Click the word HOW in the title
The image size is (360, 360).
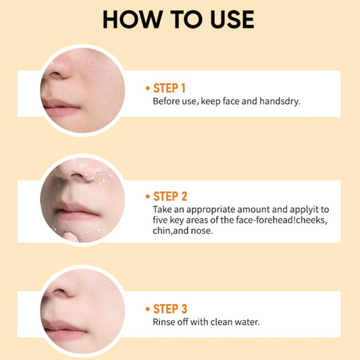click(x=131, y=20)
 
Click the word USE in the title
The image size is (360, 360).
click(x=232, y=20)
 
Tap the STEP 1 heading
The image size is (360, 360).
click(x=170, y=88)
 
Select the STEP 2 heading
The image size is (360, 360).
click(x=170, y=197)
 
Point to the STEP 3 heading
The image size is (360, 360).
click(x=170, y=309)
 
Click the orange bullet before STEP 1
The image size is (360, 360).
click(x=148, y=88)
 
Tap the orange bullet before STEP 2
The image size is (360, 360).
click(x=148, y=197)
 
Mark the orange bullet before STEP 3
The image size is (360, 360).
click(x=148, y=309)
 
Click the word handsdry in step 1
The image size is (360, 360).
click(x=280, y=101)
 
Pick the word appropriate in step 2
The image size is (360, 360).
click(x=211, y=210)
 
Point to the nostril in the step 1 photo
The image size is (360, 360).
click(x=55, y=74)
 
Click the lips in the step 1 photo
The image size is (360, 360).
click(x=61, y=108)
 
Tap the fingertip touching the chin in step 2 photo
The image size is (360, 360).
click(x=69, y=237)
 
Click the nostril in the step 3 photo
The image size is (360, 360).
click(x=59, y=292)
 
